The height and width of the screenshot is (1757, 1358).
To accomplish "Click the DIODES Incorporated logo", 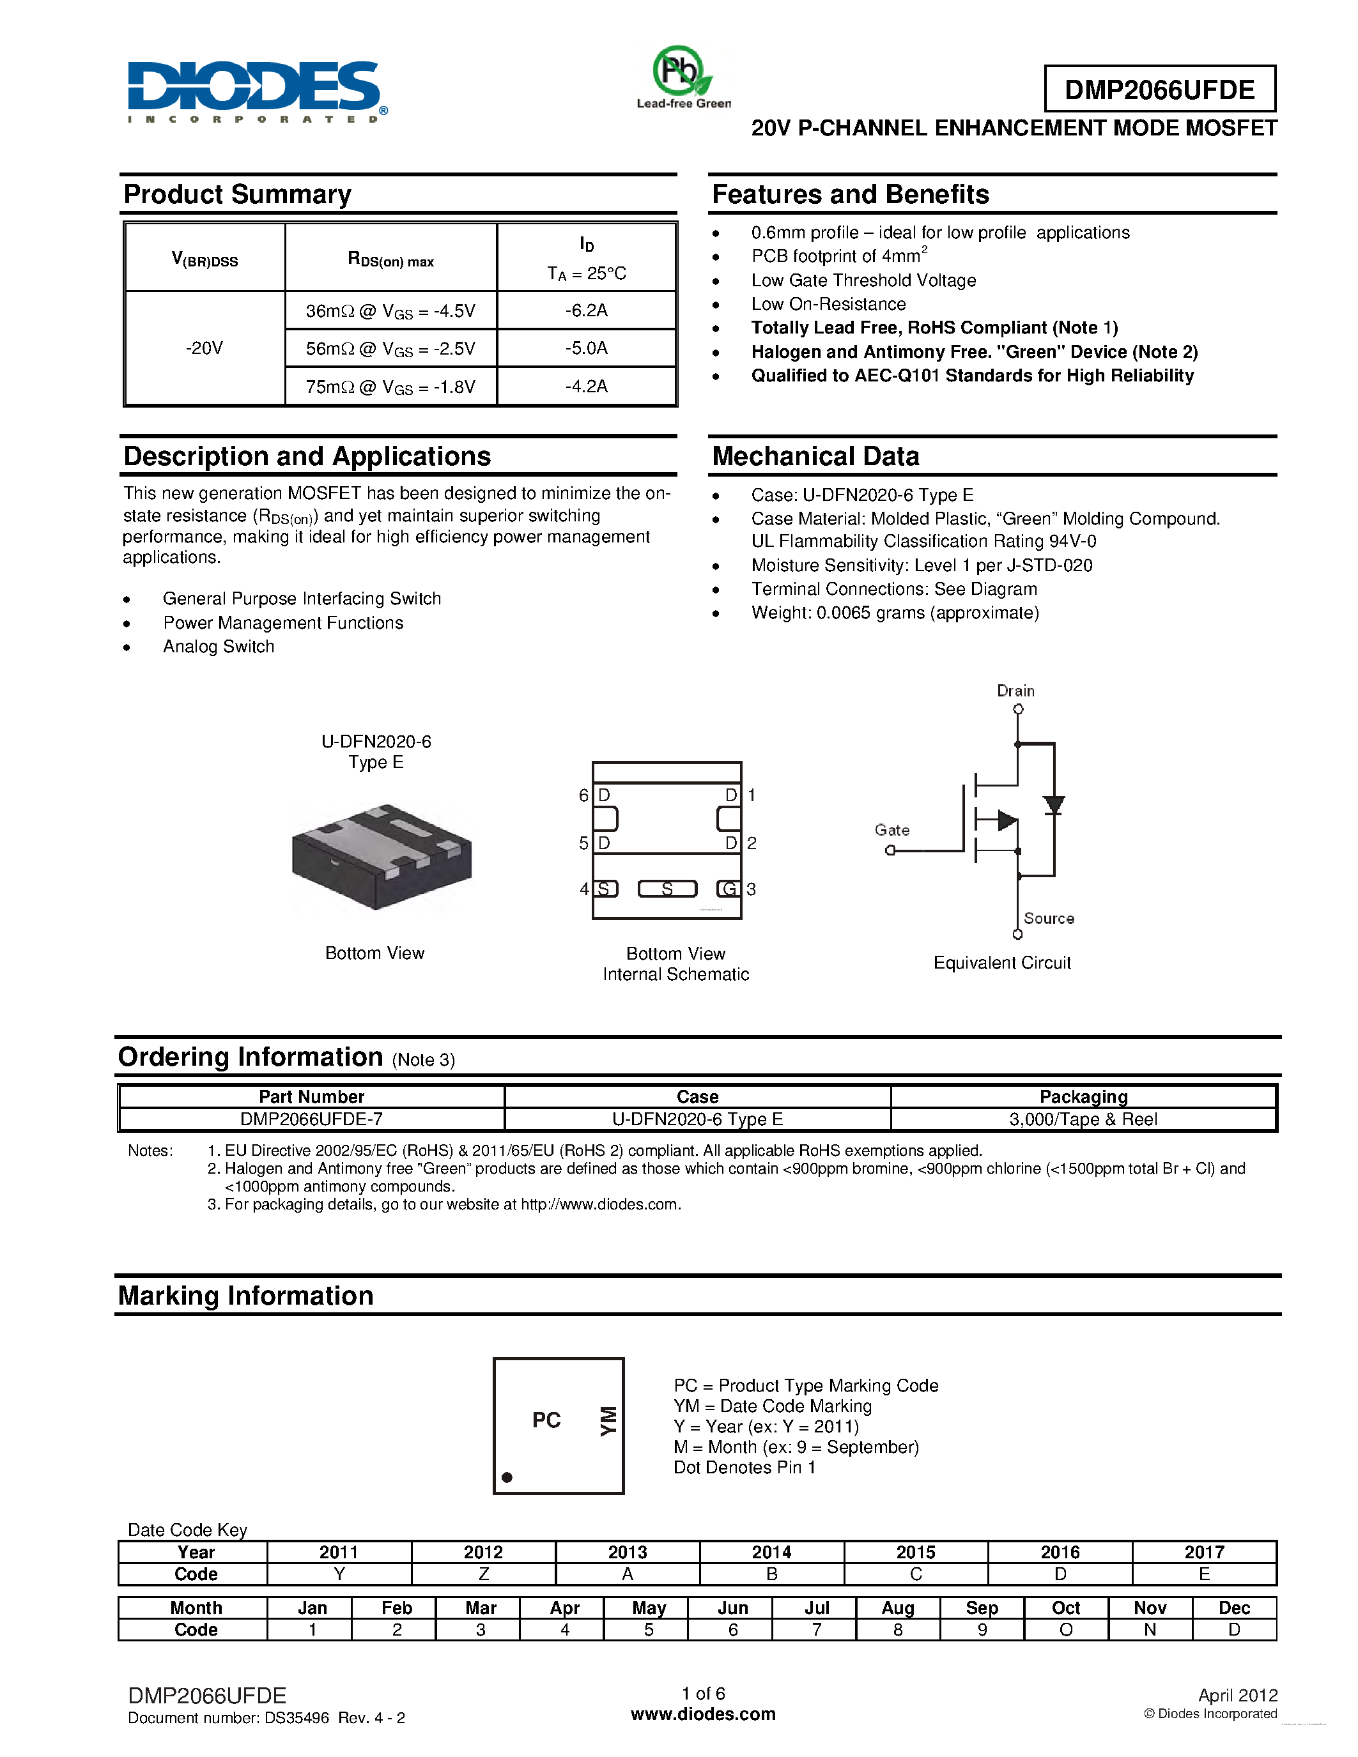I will [x=256, y=90].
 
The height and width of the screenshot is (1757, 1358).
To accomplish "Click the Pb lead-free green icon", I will [x=683, y=74].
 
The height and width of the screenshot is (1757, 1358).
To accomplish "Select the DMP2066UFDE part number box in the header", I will [x=1159, y=89].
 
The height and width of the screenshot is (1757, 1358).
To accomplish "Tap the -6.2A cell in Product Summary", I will [x=587, y=311].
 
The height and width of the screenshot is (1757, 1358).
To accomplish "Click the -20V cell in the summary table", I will [x=204, y=348].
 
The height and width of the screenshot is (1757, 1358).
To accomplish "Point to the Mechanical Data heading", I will [x=815, y=456].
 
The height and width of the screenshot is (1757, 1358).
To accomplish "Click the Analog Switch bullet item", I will [x=218, y=647].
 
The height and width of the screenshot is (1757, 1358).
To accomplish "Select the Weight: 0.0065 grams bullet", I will [x=895, y=613].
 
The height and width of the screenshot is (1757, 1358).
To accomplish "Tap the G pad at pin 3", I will [x=729, y=889].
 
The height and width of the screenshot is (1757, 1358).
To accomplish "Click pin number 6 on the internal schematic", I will [x=583, y=795].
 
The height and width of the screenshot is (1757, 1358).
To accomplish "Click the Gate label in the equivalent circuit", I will [x=891, y=829].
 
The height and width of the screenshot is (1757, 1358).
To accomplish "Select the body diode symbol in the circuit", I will [x=1053, y=804].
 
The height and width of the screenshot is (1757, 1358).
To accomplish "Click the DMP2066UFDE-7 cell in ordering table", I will [x=311, y=1119].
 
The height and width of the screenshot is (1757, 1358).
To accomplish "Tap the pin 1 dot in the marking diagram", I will [x=507, y=1477].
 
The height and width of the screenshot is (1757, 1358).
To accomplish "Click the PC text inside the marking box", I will [x=546, y=1420].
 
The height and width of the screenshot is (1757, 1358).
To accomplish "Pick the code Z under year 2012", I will [x=484, y=1574].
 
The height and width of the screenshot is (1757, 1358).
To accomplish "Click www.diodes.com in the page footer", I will [x=702, y=1714].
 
